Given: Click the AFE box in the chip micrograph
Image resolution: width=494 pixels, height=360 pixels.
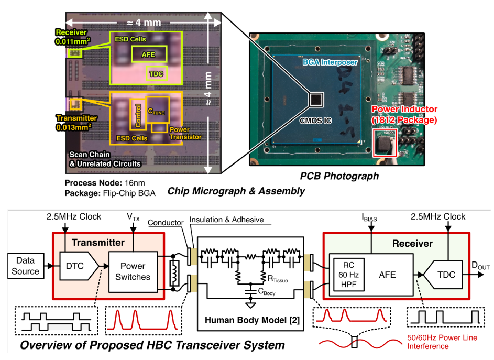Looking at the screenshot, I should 148,53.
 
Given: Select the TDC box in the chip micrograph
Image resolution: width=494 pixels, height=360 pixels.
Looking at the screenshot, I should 156,74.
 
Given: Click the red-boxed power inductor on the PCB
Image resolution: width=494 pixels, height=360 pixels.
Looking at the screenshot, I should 386,143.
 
